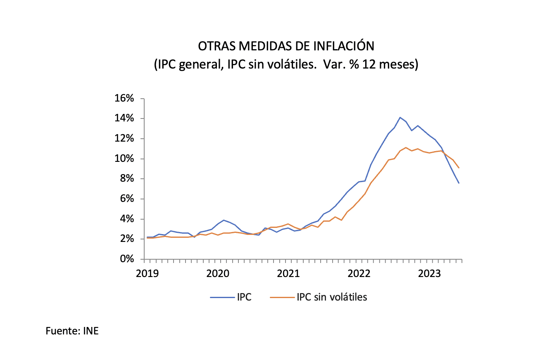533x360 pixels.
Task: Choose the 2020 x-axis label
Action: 218,273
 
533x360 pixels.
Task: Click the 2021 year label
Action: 288,273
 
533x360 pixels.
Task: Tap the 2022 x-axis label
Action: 359,273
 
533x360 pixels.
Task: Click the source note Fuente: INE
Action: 72,331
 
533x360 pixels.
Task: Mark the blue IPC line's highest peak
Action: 400,117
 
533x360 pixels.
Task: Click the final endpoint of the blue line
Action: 459,183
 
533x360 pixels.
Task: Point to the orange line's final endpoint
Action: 459,168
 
